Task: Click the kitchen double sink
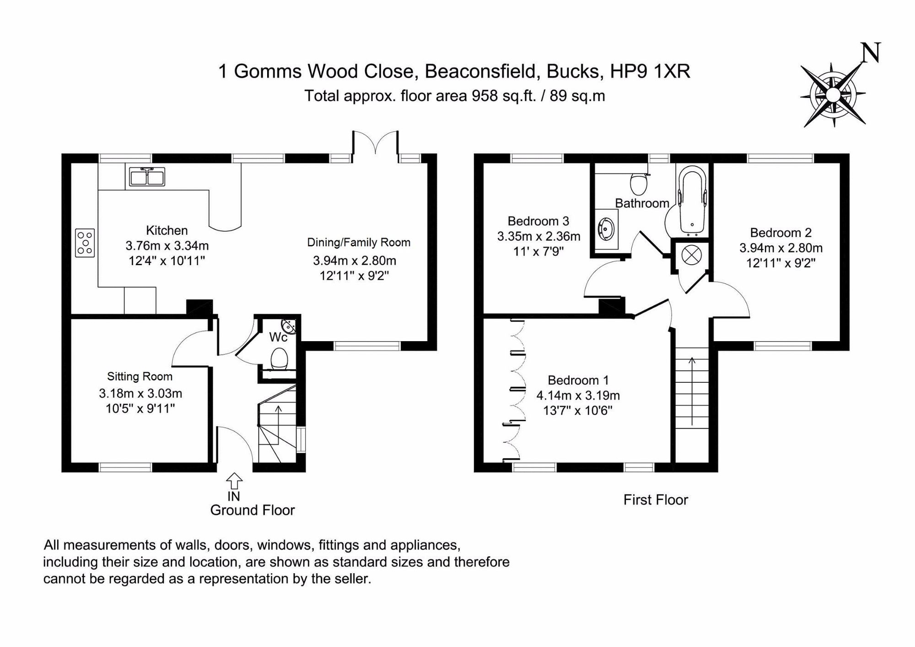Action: tap(147, 177)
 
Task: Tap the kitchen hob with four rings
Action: tap(85, 243)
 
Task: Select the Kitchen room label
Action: tap(167, 230)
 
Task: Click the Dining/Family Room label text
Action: tap(358, 242)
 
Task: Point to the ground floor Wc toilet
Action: tap(279, 359)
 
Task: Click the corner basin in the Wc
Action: tap(290, 326)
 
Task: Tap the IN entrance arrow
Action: tap(234, 481)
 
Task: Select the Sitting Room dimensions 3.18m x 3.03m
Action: tap(140, 393)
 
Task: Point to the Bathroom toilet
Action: tap(639, 183)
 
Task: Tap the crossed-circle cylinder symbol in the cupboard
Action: tap(691, 255)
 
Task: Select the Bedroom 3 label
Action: tap(538, 221)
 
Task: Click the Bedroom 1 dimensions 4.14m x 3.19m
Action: tap(578, 395)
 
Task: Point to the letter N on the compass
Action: tap(870, 53)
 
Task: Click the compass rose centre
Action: tap(833, 95)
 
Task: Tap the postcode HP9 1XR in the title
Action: tap(650, 71)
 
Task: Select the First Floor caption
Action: tap(655, 500)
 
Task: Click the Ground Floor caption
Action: tap(252, 510)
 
